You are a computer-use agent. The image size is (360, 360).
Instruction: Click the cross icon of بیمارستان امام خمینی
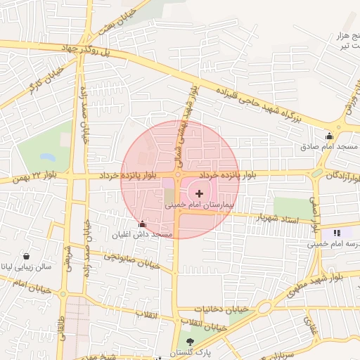pos(199,193)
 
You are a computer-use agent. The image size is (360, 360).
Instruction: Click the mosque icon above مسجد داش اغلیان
pos(143,224)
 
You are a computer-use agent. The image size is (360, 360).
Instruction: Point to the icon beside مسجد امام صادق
pos(328,136)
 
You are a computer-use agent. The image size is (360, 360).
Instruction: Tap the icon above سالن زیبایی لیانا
pos(27,257)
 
